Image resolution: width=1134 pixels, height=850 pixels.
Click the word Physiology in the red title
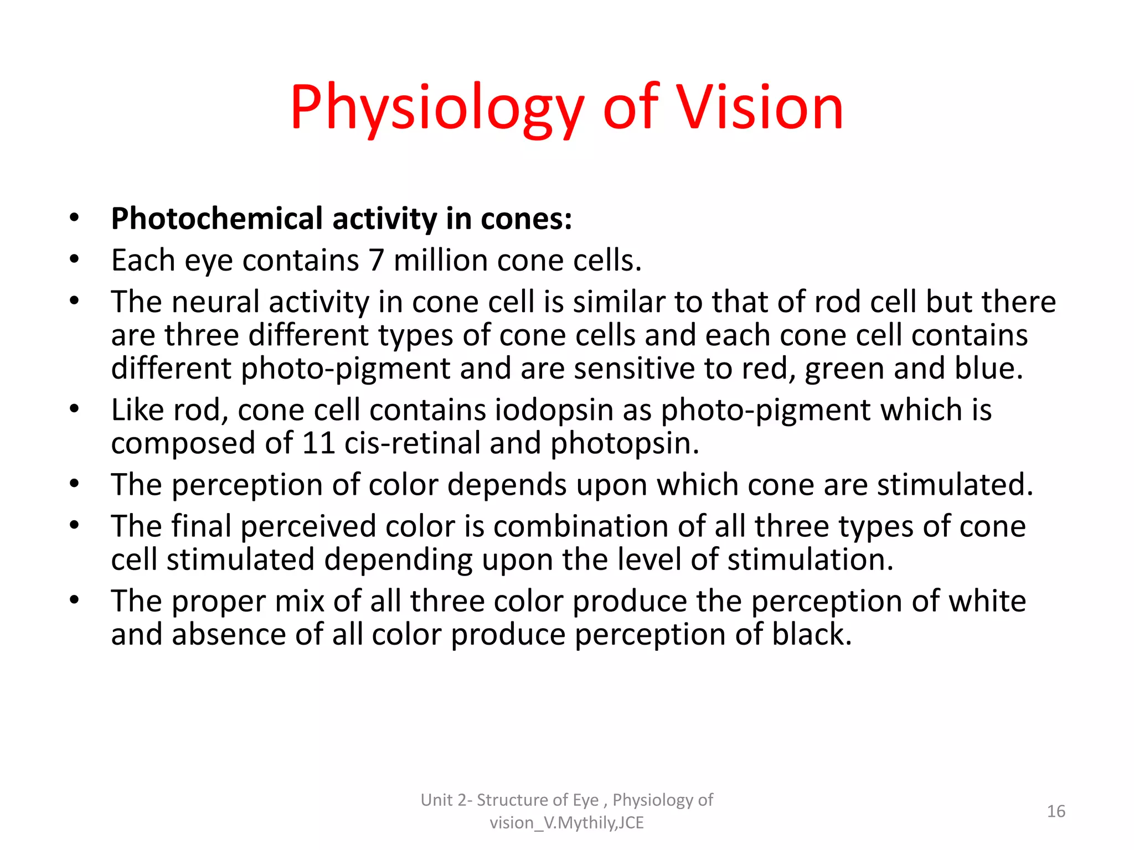(x=436, y=108)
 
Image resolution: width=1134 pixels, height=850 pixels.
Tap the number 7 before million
(x=377, y=260)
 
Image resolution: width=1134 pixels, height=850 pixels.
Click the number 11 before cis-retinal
(x=318, y=443)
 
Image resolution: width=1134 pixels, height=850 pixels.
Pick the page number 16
(x=1056, y=811)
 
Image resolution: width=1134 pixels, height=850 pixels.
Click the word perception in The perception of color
(x=247, y=485)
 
